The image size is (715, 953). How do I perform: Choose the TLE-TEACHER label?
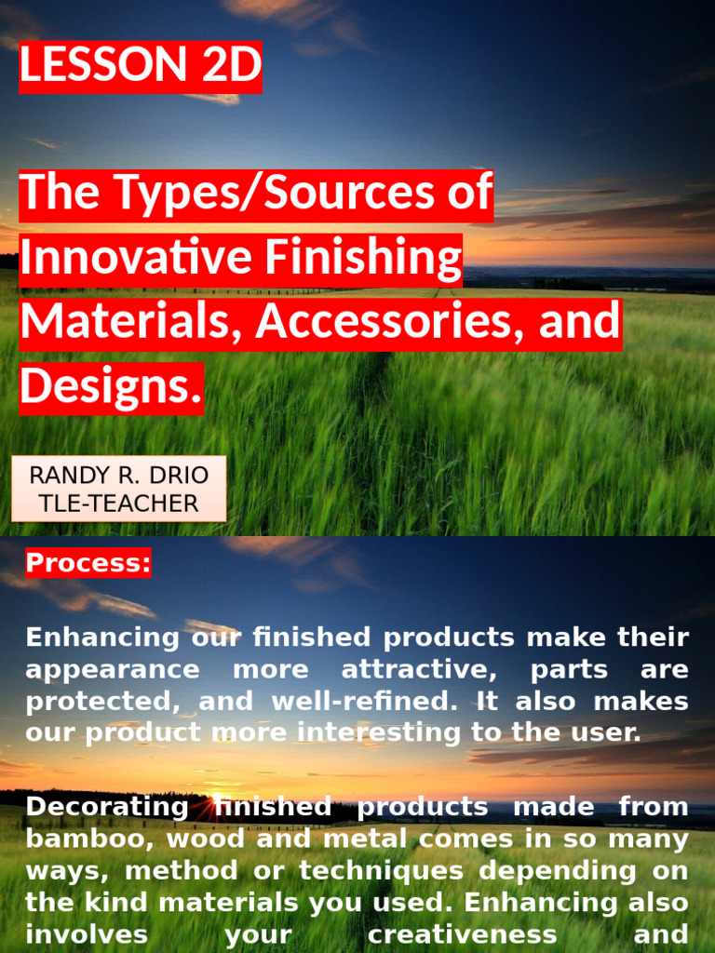pos(119,503)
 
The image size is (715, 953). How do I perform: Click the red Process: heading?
pos(88,563)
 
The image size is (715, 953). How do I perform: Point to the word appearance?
pos(112,670)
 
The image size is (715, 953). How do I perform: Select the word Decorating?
pos(106,807)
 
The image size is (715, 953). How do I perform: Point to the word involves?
pos(86,933)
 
